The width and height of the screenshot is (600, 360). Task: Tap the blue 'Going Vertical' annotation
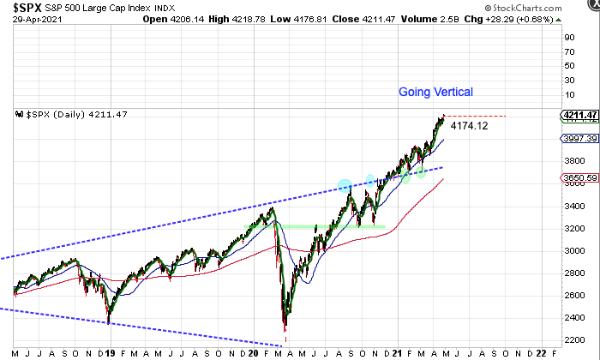pos(435,92)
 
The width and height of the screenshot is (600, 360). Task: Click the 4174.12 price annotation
pos(469,126)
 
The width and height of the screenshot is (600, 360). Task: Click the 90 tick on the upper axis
pos(568,37)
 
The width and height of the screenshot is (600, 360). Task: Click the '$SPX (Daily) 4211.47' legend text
pos(72,114)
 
